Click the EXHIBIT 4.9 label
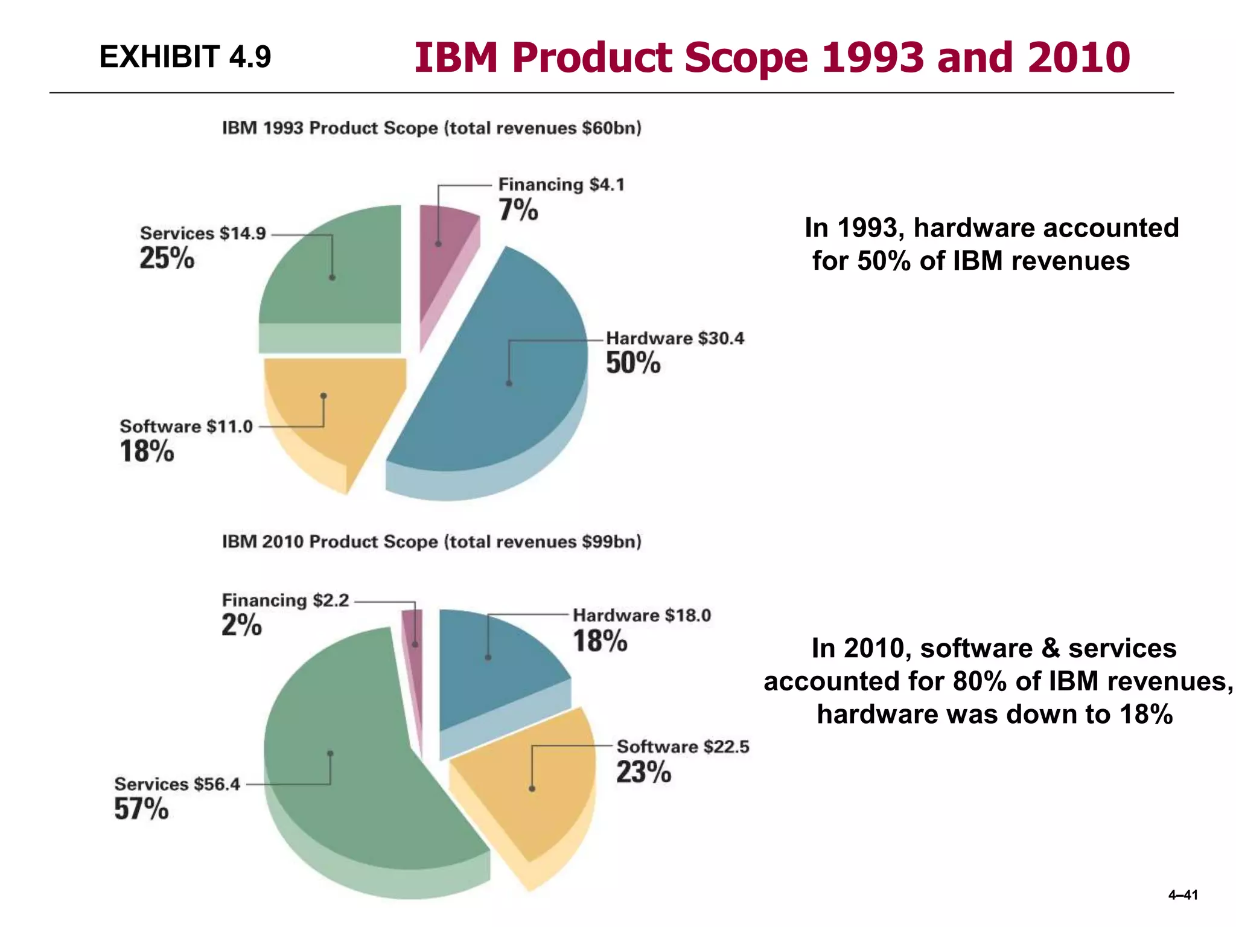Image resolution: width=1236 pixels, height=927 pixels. pos(185,57)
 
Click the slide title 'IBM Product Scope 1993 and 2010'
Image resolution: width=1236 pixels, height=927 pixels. pos(771,58)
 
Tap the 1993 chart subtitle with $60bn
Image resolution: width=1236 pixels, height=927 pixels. pos(432,128)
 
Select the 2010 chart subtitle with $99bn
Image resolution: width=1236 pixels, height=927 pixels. pos(432,541)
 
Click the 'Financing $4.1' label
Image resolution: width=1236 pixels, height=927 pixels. pos(561,184)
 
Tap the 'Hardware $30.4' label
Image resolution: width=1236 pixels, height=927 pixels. pos(675,338)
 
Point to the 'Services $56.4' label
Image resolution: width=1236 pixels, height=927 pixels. pos(177,784)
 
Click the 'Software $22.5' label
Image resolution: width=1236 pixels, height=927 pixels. pos(683,747)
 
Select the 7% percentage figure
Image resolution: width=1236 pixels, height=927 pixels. pos(518,210)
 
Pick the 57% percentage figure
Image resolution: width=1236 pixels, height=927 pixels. pos(141,809)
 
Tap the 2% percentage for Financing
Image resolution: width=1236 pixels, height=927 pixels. pos(241,625)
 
